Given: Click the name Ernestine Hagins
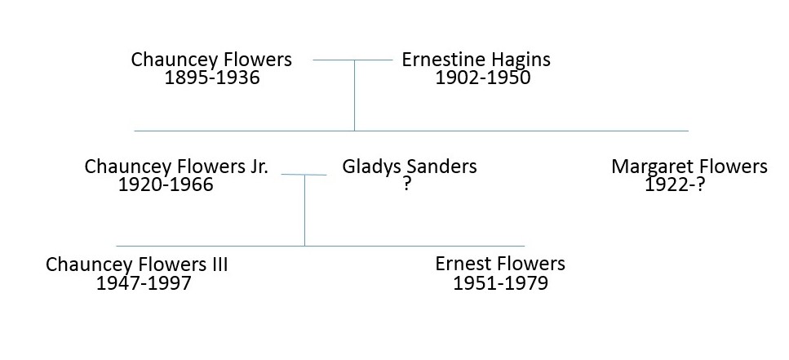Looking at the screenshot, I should click(476, 60).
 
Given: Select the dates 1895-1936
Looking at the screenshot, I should click(212, 78).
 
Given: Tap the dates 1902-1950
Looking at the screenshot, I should click(482, 78).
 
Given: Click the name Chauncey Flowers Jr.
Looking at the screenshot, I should click(176, 167).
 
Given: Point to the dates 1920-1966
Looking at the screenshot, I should click(166, 184).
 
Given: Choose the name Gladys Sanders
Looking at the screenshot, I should click(410, 167).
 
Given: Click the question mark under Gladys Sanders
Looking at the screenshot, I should click(406, 185).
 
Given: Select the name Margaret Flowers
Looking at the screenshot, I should click(689, 167).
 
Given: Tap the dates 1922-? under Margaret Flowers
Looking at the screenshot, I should click(675, 185).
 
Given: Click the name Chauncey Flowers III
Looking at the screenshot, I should click(137, 264).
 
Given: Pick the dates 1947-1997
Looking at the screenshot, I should click(144, 283).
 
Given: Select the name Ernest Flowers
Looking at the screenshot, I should click(499, 264).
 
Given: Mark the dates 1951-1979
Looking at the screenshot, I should click(500, 283).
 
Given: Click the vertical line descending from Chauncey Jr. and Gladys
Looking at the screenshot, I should click(304, 212).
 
